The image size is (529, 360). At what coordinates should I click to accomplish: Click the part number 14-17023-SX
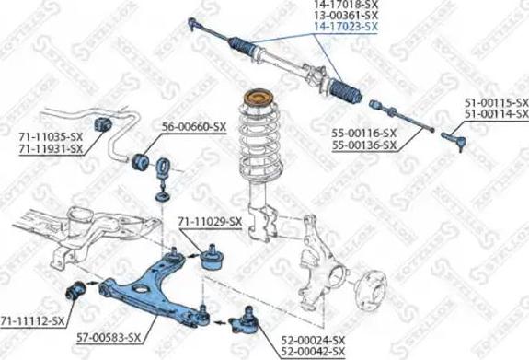(346, 27)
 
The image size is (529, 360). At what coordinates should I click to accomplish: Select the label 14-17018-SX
(346, 5)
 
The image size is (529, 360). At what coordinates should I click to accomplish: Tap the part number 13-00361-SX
(346, 16)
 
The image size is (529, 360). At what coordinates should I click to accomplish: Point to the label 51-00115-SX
(496, 101)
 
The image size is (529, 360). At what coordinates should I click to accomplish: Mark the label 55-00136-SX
(364, 145)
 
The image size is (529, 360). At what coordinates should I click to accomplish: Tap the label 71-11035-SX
(51, 136)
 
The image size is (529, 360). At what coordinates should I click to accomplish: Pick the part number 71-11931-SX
(51, 147)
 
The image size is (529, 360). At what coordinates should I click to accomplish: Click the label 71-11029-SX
(209, 222)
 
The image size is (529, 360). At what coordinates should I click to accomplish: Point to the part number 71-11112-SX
(33, 320)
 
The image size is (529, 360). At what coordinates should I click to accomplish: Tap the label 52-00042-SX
(314, 352)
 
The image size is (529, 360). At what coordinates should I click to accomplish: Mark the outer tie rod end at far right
(456, 139)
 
